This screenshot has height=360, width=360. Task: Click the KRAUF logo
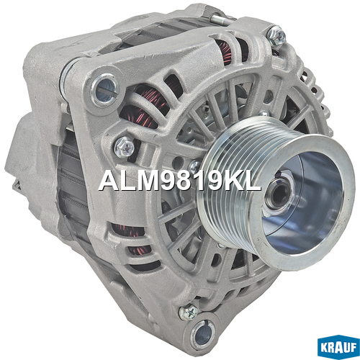(x=338, y=347)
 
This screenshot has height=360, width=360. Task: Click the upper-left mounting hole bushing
(x=106, y=89)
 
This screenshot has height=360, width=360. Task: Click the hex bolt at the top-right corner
(x=276, y=36)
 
